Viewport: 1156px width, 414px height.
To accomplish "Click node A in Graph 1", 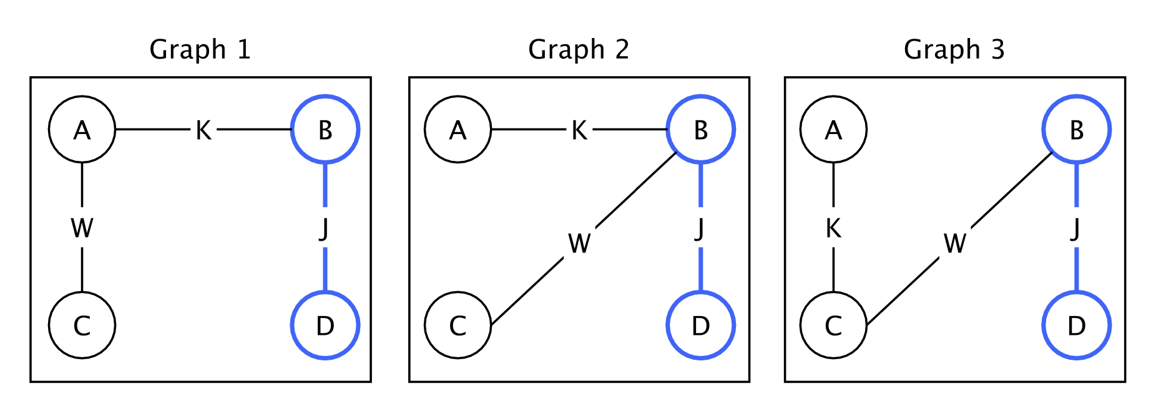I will [82, 130].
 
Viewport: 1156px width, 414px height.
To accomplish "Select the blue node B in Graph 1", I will [325, 130].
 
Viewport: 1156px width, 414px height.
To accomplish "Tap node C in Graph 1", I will [82, 325].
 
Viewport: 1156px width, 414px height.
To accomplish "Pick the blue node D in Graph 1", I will [325, 325].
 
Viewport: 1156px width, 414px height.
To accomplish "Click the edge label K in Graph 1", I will [203, 130].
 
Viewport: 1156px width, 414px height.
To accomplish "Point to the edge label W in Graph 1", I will [82, 228].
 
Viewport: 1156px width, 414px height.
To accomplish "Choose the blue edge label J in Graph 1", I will [324, 228].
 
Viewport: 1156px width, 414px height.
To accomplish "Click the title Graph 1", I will [200, 49].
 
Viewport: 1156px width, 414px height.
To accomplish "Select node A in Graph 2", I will [458, 130].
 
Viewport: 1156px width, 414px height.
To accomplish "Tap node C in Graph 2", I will [458, 325].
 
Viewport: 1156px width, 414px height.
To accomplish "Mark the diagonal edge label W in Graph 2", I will [579, 243].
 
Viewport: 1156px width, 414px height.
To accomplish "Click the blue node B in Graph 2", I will [701, 130].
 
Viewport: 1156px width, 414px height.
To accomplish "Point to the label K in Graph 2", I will [579, 130].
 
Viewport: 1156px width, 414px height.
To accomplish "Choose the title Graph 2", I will [579, 49].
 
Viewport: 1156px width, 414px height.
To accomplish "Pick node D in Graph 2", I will [701, 325].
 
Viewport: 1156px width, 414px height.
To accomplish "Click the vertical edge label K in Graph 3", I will [834, 228].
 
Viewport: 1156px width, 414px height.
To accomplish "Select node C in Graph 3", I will [834, 325].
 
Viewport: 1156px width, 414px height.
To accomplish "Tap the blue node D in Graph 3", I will [1077, 325].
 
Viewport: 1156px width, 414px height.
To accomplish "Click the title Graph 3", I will [954, 49].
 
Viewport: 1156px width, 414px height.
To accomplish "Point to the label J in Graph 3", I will [1075, 228].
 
